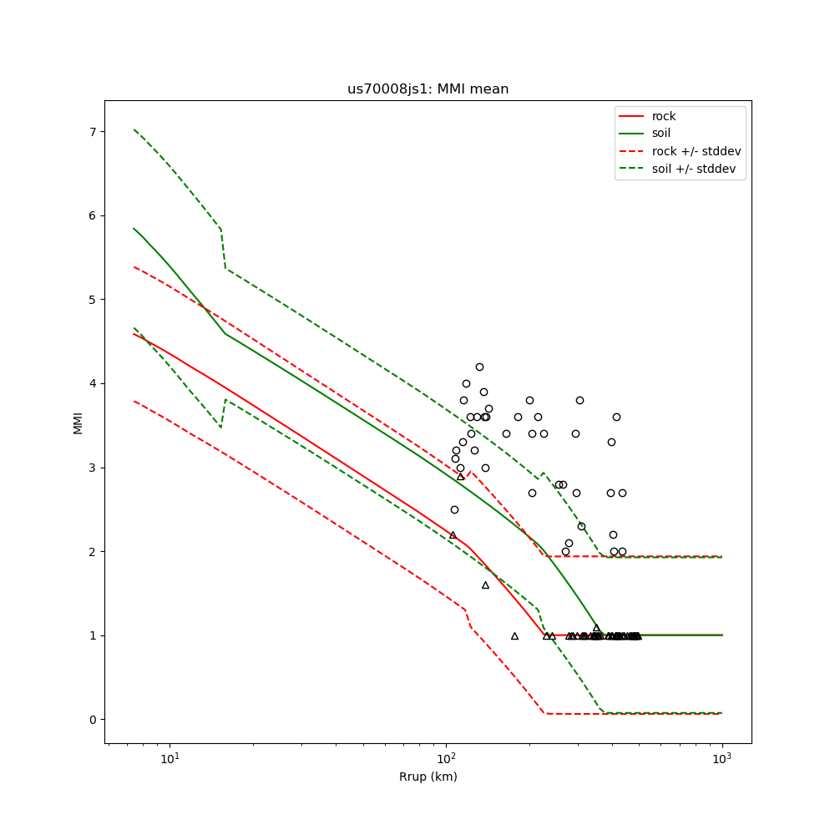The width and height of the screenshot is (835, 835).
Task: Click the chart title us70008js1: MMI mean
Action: tap(428, 89)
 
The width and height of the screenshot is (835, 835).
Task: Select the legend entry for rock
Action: tap(664, 116)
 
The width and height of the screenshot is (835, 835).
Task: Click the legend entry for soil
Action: tap(660, 134)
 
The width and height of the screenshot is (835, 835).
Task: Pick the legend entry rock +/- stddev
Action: tap(696, 151)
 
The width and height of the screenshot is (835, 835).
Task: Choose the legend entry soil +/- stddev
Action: tap(696, 169)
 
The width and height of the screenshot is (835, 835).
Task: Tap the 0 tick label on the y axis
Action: tap(93, 720)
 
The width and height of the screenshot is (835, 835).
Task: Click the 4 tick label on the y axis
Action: tap(93, 384)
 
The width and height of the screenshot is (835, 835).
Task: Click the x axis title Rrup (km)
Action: tap(428, 777)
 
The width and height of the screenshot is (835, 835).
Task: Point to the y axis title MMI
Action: tap(78, 422)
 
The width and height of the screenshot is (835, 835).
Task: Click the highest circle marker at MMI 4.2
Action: tap(479, 367)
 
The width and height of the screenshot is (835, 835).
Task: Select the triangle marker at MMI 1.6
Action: tap(485, 584)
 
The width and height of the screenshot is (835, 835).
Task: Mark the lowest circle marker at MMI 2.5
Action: tap(454, 509)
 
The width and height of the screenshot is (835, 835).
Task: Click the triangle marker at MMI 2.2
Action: tap(453, 534)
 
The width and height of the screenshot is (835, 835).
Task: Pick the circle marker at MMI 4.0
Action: tap(466, 383)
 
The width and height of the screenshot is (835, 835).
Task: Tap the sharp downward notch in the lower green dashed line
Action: tap(220, 428)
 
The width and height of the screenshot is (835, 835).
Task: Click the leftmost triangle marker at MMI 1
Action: tap(514, 635)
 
